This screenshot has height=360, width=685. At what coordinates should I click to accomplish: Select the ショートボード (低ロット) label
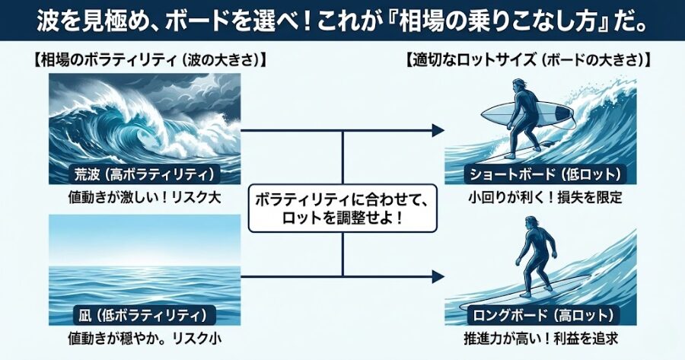tap(540, 174)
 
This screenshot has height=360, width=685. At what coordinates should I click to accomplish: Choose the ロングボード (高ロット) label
tap(540, 314)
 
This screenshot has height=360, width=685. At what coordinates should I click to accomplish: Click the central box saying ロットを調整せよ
tap(342, 209)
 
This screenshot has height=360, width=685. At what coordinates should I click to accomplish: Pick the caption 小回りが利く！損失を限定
tap(540, 198)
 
